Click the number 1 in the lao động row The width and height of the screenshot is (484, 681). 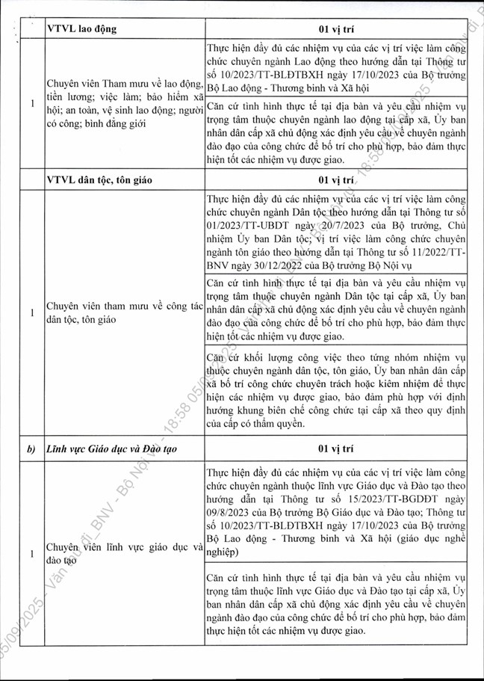pyautogui.click(x=31, y=104)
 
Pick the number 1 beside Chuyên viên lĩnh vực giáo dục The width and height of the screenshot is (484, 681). pyautogui.click(x=31, y=554)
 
